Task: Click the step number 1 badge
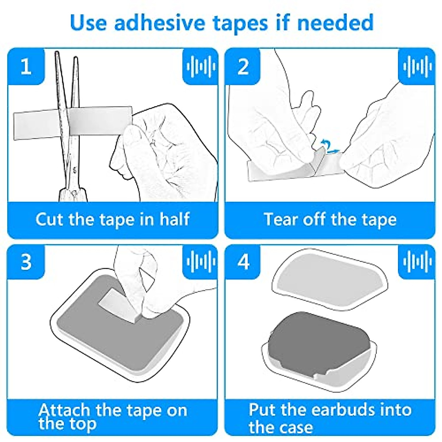26,67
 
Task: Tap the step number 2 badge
243,67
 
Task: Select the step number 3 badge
26,262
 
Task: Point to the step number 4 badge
243,262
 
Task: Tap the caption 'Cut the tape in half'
112,220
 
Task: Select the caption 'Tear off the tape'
330,220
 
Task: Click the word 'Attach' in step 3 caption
64,410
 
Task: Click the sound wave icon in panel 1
200,67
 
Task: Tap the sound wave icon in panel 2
417,67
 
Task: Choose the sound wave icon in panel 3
200,262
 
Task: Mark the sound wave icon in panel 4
417,262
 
